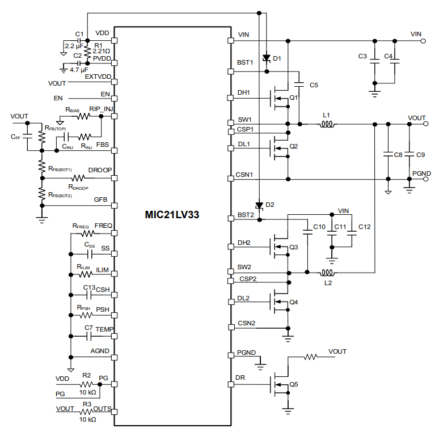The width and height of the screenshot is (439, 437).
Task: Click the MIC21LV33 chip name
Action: pyautogui.click(x=172, y=215)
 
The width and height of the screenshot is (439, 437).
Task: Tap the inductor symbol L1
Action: pyautogui.click(x=326, y=124)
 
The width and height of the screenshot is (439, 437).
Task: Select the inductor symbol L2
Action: pyautogui.click(x=327, y=273)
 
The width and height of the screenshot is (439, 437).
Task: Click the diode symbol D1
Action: pyautogui.click(x=267, y=58)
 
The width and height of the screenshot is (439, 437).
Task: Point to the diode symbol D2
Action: pyautogui.click(x=259, y=205)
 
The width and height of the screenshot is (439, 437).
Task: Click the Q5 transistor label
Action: pyautogui.click(x=294, y=384)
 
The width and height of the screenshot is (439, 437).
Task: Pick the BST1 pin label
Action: pyautogui.click(x=246, y=62)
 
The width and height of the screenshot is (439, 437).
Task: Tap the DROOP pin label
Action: pyautogui.click(x=100, y=170)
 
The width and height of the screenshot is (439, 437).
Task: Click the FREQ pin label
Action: pyautogui.click(x=103, y=226)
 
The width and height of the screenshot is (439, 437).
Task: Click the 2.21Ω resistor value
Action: pyautogui.click(x=101, y=51)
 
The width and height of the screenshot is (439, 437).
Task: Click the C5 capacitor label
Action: pyautogui.click(x=314, y=85)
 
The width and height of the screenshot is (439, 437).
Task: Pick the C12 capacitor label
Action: pyautogui.click(x=364, y=227)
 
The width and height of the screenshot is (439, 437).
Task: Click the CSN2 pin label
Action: pyautogui.click(x=246, y=323)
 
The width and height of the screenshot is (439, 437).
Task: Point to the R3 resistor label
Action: pyautogui.click(x=87, y=404)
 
